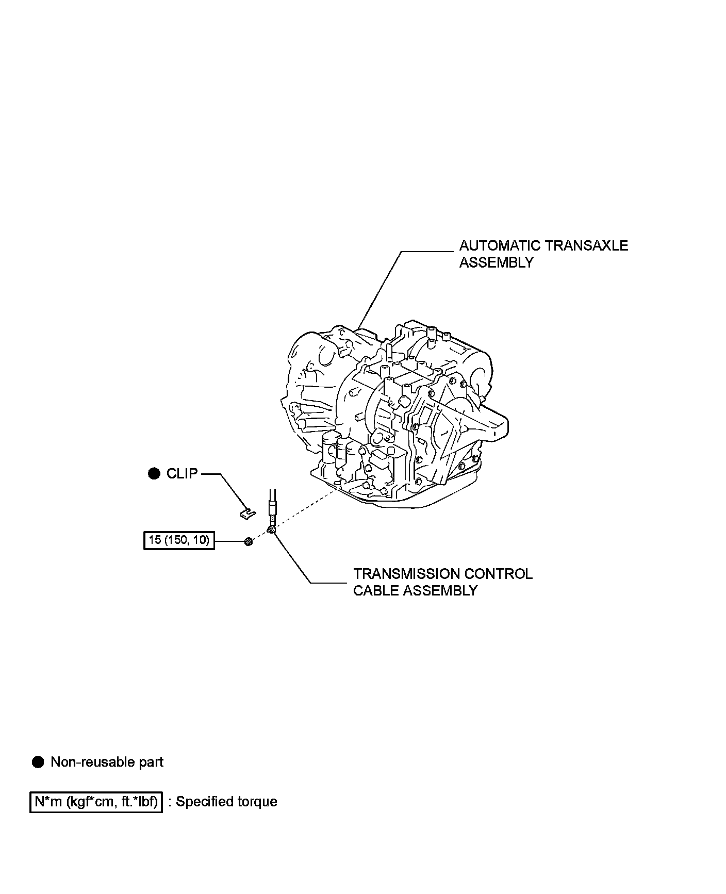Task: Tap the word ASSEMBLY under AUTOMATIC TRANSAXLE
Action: pos(496,262)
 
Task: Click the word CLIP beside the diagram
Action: pos(182,474)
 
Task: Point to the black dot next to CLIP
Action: pos(154,474)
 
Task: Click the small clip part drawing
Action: pos(248,512)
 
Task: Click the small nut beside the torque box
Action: pos(249,541)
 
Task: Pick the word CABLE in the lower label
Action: pos(375,591)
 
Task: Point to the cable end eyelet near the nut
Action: pos(271,529)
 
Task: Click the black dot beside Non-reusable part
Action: pos(38,762)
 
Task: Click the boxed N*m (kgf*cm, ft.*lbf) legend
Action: pos(96,802)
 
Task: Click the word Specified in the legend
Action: pos(204,802)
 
